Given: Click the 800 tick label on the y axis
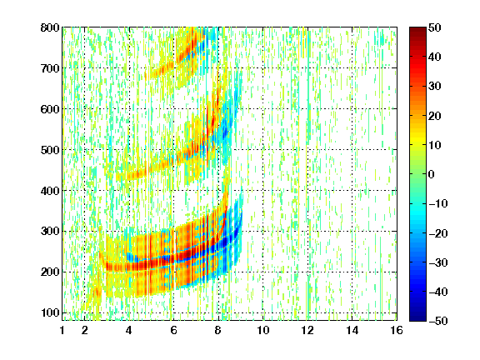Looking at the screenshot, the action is pos(50,27).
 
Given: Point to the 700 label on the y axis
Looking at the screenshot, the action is pos(50,68).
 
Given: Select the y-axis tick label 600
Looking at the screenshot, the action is pos(50,109).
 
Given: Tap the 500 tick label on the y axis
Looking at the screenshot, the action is pos(50,150).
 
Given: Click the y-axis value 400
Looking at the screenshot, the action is pos(50,191).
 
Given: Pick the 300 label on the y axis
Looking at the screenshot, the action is pos(50,231).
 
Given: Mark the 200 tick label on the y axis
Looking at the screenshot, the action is pos(50,272).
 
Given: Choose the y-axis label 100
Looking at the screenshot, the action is pos(50,312).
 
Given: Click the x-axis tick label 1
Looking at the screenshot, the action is pos(62,330).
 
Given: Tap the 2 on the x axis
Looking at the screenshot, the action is pos(85,330).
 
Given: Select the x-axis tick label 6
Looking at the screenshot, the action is pos(174,330).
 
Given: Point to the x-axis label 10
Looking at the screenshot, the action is pos(263,330).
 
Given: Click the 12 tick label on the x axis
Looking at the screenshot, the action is pos(307,330).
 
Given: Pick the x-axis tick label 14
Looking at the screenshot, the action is pos(352,330).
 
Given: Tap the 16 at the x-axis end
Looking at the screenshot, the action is pos(397,330).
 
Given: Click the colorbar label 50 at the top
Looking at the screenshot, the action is pos(435,27).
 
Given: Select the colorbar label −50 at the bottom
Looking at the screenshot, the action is pos(438,321).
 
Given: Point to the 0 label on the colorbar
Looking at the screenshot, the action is pos(431,174).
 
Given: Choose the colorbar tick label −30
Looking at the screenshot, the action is pos(438,262).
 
